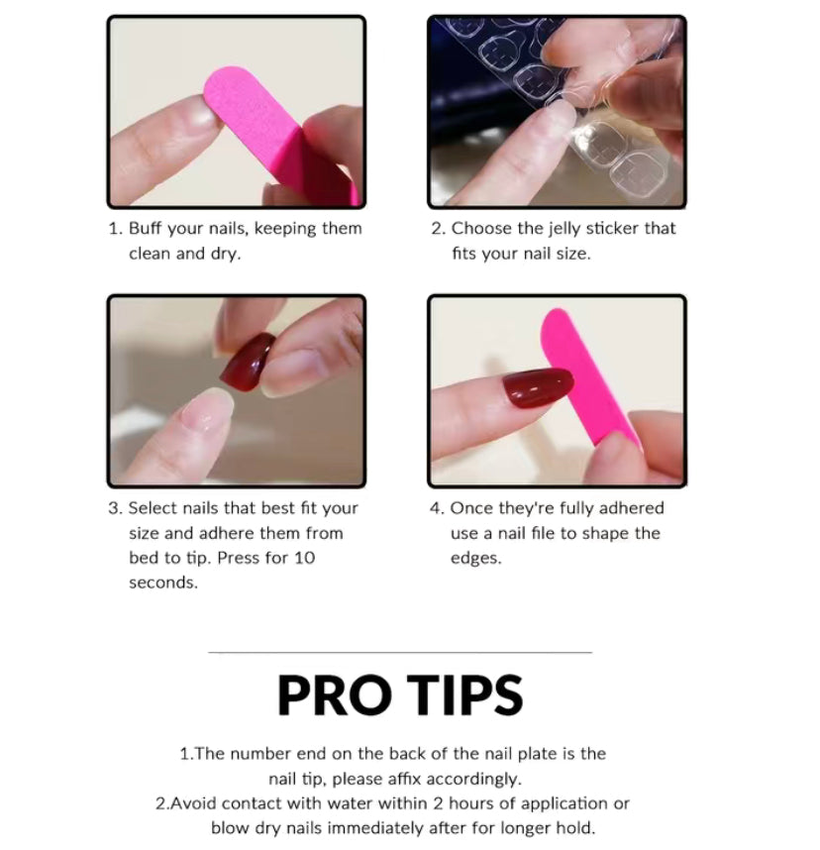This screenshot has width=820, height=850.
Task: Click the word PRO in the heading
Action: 334,695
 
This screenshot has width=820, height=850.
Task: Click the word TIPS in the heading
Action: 464,695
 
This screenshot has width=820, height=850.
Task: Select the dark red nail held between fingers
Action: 249,363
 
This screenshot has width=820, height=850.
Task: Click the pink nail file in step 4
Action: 589,374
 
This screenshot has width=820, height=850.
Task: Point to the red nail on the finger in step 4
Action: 538,387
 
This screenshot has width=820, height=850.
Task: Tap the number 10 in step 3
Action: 304,558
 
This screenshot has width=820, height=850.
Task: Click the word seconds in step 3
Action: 163,583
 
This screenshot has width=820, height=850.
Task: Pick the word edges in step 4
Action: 475,559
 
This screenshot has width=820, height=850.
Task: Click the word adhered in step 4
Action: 631,508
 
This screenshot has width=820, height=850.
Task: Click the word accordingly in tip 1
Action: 473,779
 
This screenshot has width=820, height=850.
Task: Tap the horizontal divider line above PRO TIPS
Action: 400,652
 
